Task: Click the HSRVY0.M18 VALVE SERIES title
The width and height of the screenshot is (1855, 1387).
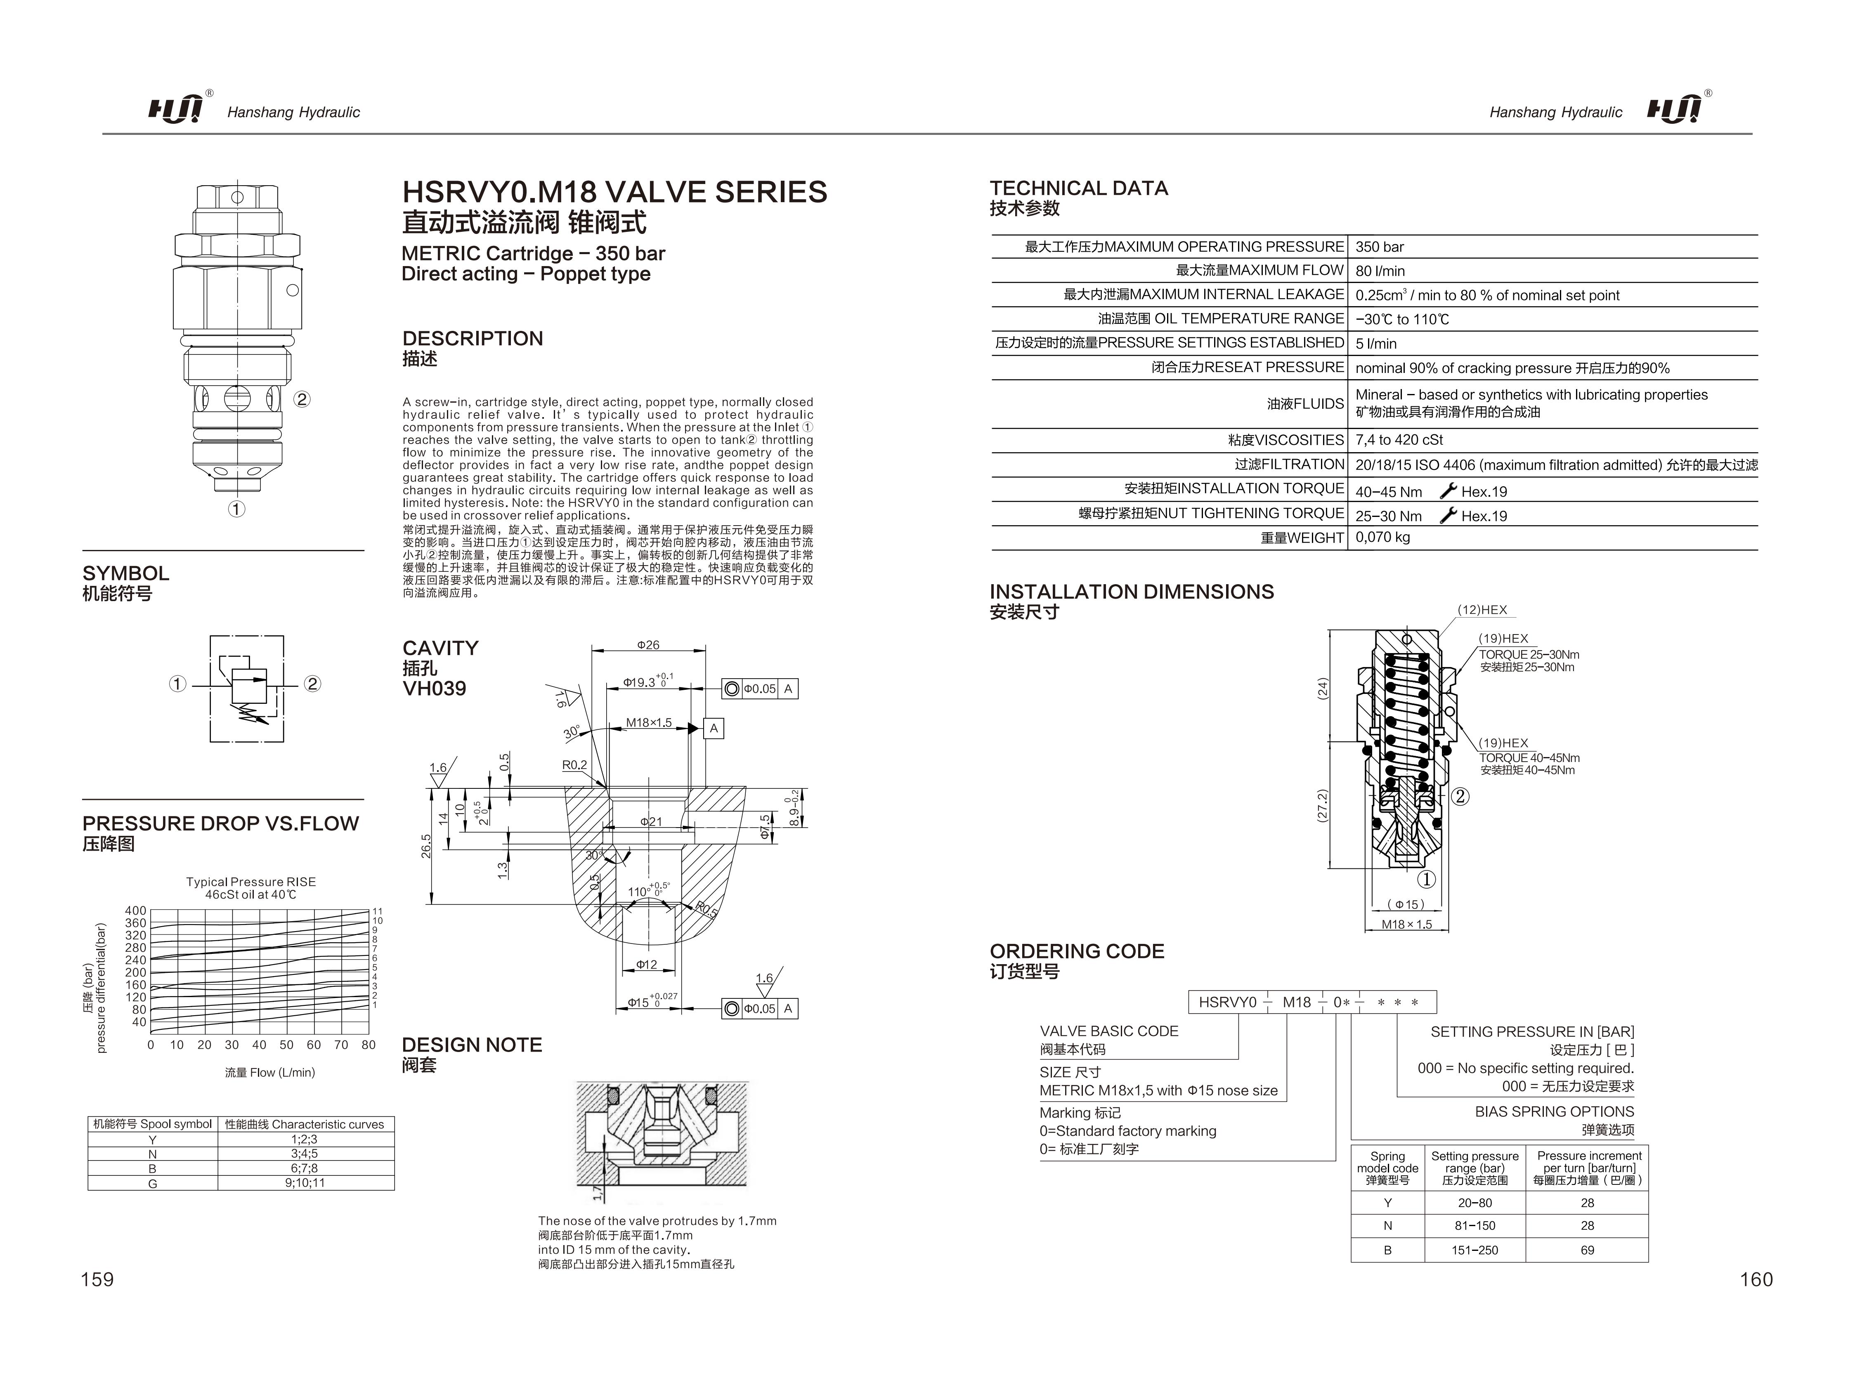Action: point(614,192)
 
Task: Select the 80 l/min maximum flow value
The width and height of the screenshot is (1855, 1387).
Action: point(1380,271)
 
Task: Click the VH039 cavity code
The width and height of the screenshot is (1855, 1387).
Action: point(434,689)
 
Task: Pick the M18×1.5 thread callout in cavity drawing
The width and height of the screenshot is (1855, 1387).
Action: point(648,723)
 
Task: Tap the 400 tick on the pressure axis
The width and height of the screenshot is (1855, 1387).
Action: point(135,911)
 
